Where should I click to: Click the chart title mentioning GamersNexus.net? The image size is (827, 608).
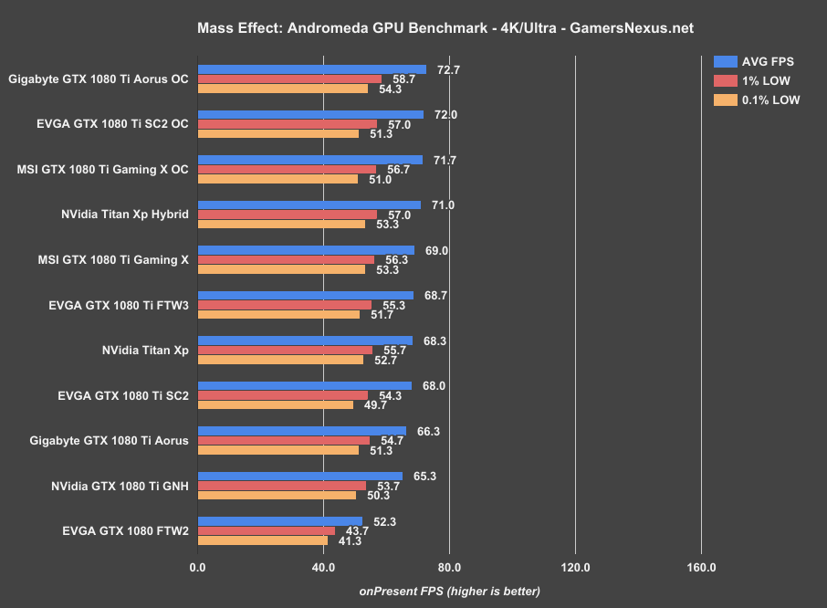click(445, 28)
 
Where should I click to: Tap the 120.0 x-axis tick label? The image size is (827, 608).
click(575, 567)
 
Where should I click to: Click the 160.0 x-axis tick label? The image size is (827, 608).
click(701, 567)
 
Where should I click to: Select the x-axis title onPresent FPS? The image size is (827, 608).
click(449, 591)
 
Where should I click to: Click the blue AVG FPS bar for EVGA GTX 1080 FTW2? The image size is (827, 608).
click(280, 521)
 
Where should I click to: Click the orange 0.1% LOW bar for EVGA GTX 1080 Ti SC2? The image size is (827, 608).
click(276, 404)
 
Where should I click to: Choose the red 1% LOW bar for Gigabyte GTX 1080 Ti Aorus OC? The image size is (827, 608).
click(290, 79)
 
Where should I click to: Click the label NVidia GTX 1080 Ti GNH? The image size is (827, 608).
click(120, 486)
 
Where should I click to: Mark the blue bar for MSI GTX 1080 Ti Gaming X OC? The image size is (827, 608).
click(310, 160)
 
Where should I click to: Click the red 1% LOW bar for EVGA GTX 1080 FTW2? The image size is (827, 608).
click(267, 531)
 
